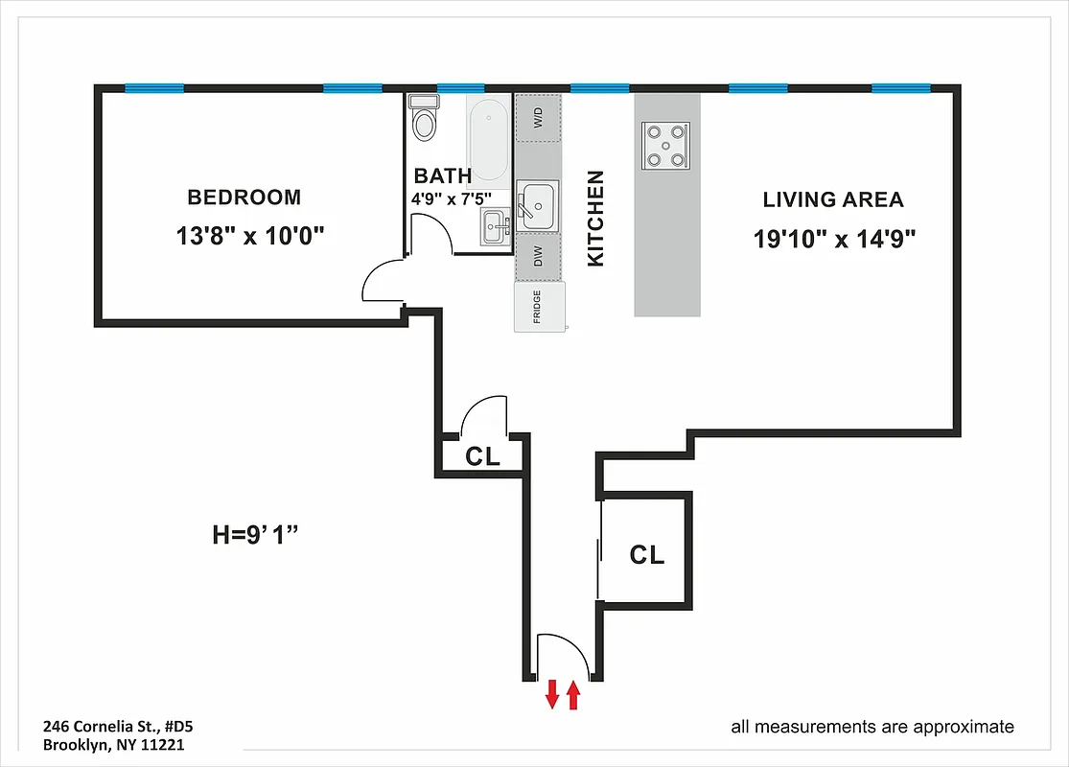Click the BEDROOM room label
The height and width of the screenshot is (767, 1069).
[244, 198]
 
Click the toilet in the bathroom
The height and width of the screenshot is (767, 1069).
[424, 120]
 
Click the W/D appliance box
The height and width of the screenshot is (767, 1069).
[538, 119]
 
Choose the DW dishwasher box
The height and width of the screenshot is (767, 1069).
[538, 257]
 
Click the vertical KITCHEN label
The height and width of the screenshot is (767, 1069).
[595, 219]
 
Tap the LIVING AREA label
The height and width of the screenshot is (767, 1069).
[833, 200]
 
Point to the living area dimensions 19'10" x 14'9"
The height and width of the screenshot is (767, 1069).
[835, 239]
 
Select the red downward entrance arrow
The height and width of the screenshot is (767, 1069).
[552, 694]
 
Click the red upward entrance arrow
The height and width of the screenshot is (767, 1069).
[573, 694]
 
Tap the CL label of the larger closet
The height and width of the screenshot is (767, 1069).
[647, 554]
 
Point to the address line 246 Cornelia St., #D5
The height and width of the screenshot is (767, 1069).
[125, 726]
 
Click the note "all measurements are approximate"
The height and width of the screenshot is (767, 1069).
[871, 727]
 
